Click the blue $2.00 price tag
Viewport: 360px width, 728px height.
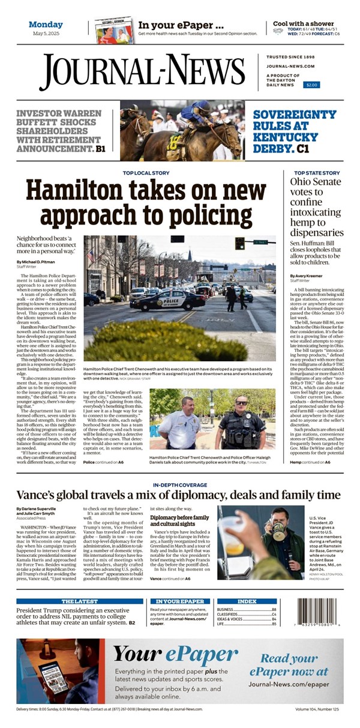pyautogui.click(x=311, y=85)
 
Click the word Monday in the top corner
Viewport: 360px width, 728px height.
pyautogui.click(x=46, y=25)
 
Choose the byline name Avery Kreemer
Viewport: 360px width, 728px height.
pyautogui.click(x=307, y=275)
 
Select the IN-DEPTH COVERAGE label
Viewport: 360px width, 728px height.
pyautogui.click(x=179, y=484)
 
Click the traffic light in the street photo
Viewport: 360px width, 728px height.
pyautogui.click(x=239, y=242)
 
